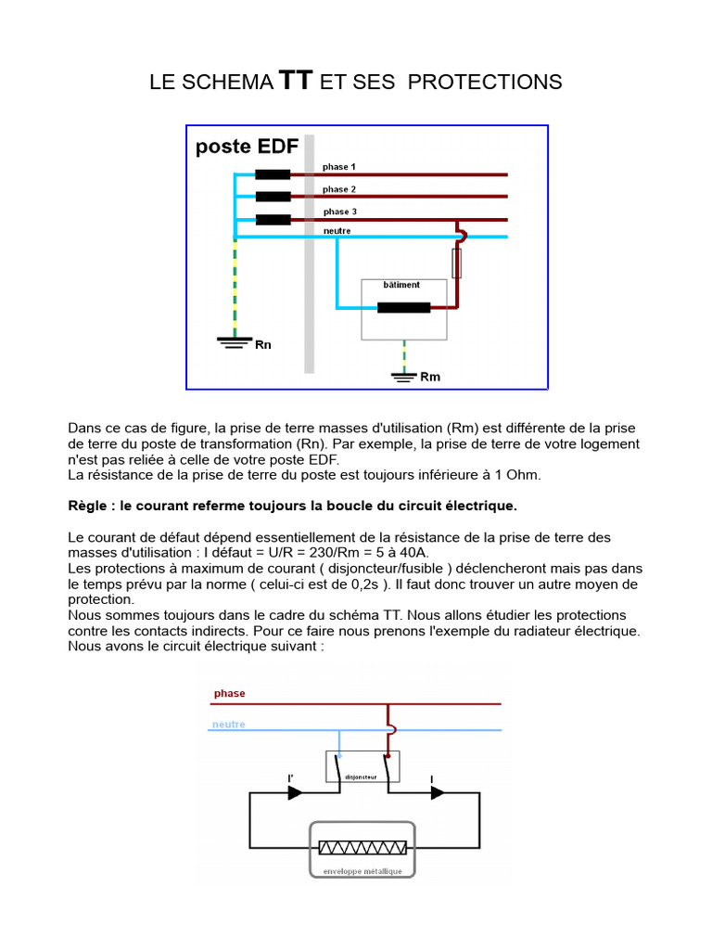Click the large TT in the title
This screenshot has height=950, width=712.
coord(296,81)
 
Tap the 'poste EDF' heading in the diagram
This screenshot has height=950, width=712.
coord(247,148)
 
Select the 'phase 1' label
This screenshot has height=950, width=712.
coord(339,167)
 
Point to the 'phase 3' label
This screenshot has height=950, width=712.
coord(339,212)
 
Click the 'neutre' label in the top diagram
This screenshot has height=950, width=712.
coord(337,229)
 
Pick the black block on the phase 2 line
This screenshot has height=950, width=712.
coord(273,196)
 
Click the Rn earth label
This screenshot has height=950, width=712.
coord(263,345)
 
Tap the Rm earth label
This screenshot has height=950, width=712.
coord(430,377)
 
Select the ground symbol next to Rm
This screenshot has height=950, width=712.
coord(403,376)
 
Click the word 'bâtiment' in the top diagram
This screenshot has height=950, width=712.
coord(401,285)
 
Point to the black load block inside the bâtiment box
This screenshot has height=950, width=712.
coord(403,308)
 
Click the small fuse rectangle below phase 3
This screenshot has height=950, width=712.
coord(456,263)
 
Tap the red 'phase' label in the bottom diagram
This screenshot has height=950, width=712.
coord(229,693)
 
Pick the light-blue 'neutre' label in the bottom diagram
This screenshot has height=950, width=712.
coord(229,725)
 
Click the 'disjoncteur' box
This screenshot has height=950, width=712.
coord(362,767)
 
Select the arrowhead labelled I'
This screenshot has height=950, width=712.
coord(295,792)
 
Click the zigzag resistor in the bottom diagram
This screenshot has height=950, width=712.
coord(362,848)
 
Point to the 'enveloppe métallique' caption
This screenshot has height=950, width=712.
coord(362,871)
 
